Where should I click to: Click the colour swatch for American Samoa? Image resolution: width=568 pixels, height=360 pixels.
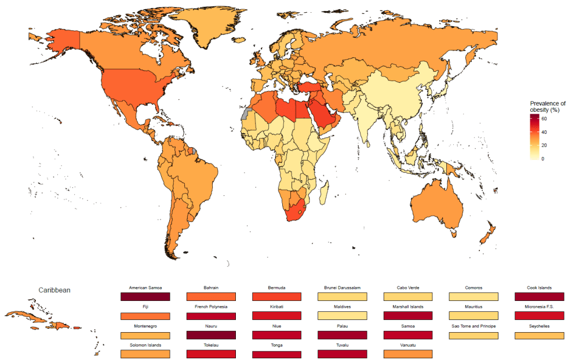tap(145, 296)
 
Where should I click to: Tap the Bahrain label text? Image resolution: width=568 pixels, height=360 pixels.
tap(211, 288)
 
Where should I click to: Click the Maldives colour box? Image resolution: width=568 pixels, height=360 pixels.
tap(342, 316)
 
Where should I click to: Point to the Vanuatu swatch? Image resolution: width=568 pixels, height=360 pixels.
tap(407, 354)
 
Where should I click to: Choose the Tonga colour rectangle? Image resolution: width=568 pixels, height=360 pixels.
tap(276, 354)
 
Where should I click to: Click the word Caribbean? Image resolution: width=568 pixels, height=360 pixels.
tap(54, 290)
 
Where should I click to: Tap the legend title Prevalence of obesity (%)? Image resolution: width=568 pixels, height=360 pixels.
tap(547, 107)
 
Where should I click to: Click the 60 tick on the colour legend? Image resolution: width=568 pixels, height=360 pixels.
tap(544, 118)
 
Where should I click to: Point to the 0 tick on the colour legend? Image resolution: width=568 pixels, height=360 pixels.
tap(542, 158)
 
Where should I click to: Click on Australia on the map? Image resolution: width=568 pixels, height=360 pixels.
tap(435, 203)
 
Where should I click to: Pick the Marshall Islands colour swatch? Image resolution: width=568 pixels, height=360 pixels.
tap(407, 316)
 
